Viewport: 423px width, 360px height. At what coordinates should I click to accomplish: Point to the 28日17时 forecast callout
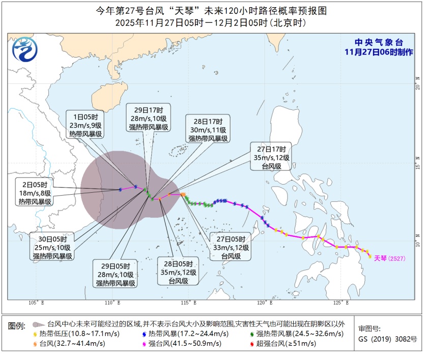[x=208, y=130]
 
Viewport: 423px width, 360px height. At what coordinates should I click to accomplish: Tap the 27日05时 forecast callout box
[x=231, y=247]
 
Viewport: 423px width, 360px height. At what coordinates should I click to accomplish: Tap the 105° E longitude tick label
[x=36, y=303]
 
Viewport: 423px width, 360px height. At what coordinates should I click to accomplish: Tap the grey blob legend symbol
[x=37, y=324]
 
